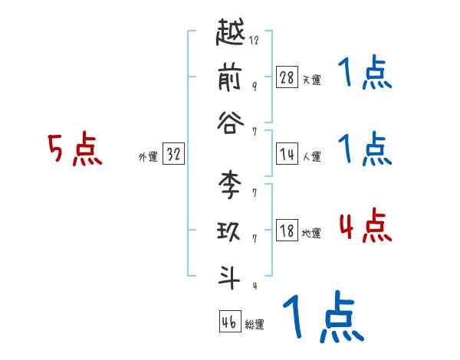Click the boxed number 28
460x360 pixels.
point(287,77)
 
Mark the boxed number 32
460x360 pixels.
point(173,155)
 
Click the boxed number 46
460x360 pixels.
point(229,322)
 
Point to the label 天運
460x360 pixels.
point(311,80)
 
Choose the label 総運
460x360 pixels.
point(255,325)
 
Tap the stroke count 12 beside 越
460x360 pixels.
point(255,41)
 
